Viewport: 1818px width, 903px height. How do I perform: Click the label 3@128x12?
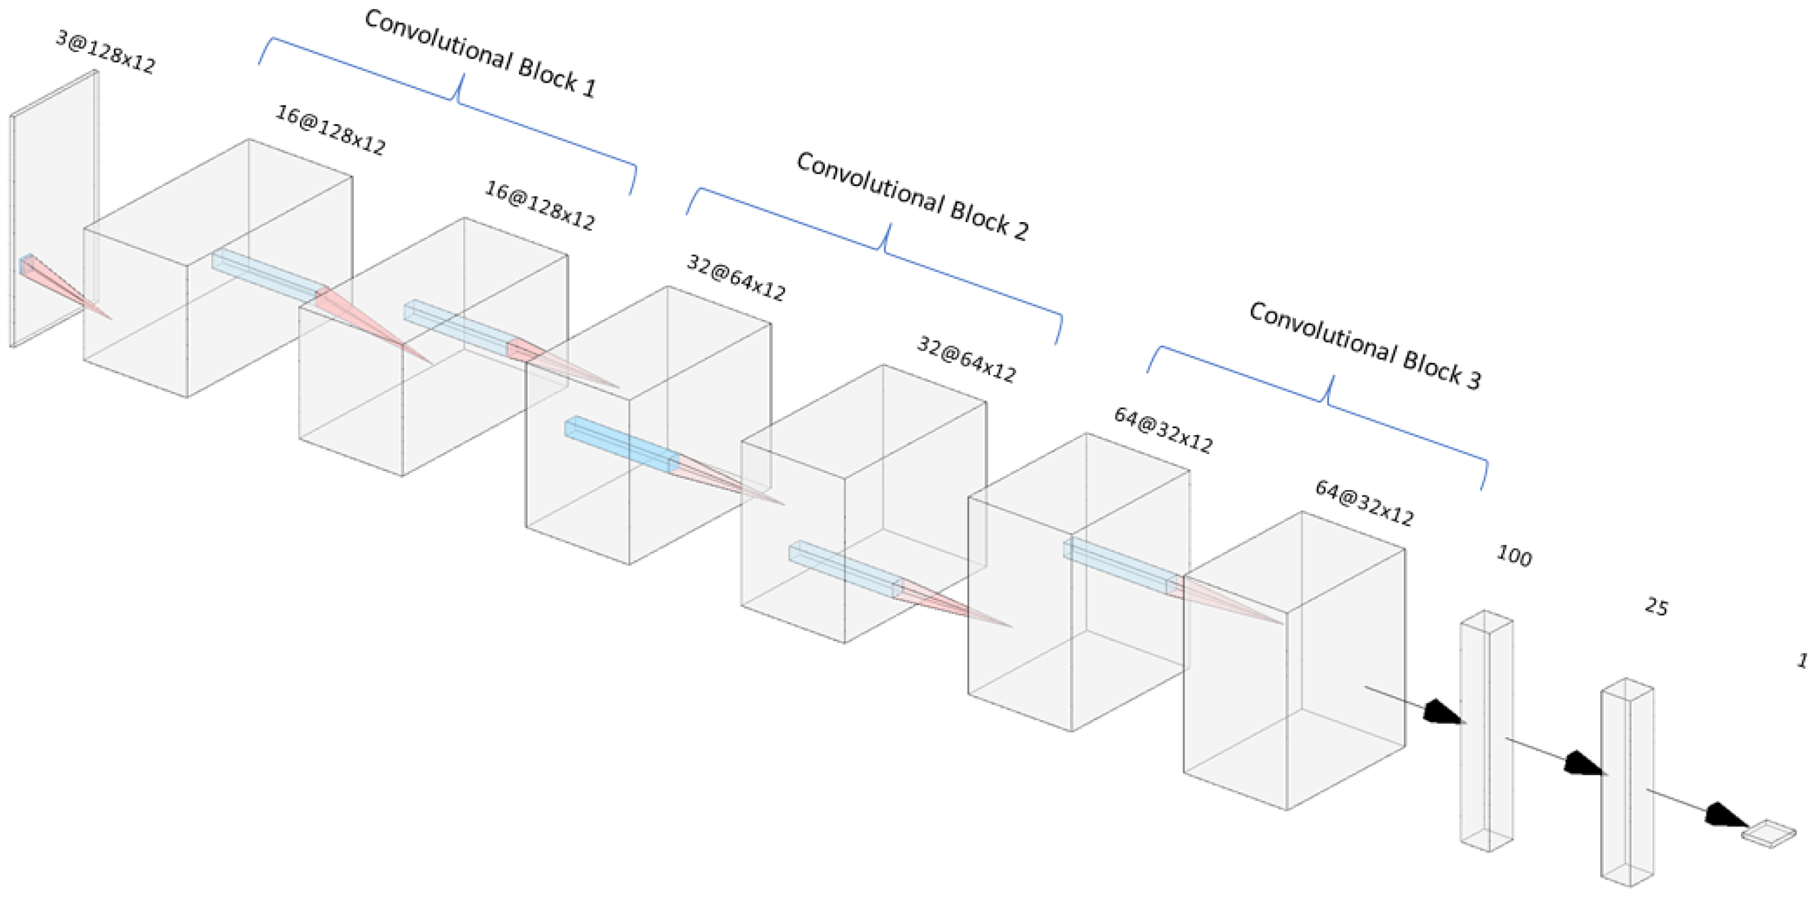click(x=106, y=51)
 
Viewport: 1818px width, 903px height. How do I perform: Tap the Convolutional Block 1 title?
click(x=480, y=54)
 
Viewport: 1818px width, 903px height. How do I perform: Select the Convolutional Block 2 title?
click(x=912, y=197)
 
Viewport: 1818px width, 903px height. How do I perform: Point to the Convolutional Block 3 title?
click(x=1364, y=346)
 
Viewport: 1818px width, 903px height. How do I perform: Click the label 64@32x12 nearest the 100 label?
click(x=1363, y=504)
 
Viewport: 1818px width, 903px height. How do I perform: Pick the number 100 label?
click(x=1514, y=556)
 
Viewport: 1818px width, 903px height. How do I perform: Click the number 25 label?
click(x=1656, y=607)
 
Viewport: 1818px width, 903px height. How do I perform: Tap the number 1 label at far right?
click(x=1801, y=660)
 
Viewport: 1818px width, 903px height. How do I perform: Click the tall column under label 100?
click(x=1486, y=730)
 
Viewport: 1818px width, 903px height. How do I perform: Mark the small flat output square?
click(x=1768, y=833)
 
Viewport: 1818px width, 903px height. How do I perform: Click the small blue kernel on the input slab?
click(x=27, y=264)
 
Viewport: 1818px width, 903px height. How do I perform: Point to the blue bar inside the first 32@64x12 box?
click(x=621, y=443)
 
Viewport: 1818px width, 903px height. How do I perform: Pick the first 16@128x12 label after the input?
click(x=330, y=130)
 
